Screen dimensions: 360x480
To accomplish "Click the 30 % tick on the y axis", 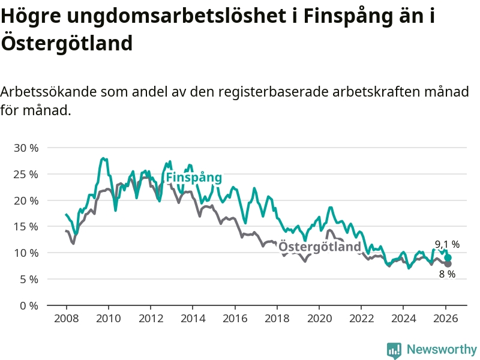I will point(26,148).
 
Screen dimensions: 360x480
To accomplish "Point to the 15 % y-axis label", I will point(26,227).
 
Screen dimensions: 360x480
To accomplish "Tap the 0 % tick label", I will point(28,305).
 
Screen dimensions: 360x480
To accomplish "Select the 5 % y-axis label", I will point(28,279).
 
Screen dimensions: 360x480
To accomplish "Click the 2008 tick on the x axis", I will point(66,318).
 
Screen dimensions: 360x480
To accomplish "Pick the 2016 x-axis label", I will point(235,318).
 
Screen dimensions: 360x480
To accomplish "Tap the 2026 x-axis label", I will point(446,318).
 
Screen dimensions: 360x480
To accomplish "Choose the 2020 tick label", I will point(319,318).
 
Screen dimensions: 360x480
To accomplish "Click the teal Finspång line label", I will point(194,178).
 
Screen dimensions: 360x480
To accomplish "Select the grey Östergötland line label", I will point(320,247).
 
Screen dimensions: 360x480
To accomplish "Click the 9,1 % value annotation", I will point(447,244).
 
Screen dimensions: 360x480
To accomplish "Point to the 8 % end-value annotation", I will point(447,274).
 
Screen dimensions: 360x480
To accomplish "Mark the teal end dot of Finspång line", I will point(448,257).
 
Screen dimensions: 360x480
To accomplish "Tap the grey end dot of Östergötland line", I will point(448,263).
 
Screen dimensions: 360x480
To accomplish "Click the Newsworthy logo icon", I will point(394,350).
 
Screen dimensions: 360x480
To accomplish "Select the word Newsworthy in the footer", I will point(442,349).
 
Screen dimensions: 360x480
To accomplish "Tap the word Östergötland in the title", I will point(66,43).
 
